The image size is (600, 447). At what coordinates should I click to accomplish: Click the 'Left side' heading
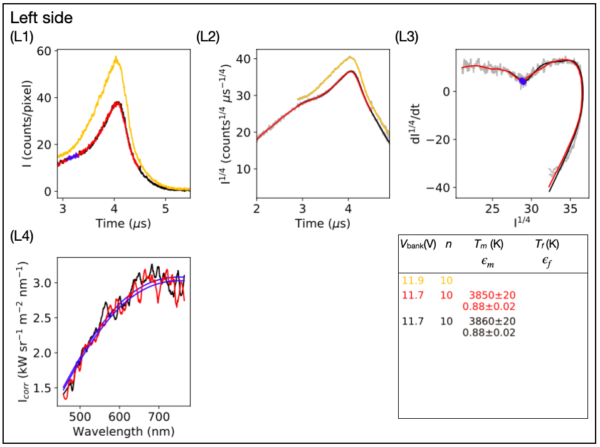(x=41, y=18)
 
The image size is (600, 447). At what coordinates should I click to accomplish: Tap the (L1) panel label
(x=23, y=38)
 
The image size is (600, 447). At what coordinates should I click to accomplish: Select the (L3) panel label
(x=407, y=38)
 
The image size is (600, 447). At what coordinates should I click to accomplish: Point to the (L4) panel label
(x=23, y=237)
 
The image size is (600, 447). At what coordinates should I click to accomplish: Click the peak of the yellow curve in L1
(x=116, y=57)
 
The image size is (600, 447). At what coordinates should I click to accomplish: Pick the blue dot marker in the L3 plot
(x=523, y=82)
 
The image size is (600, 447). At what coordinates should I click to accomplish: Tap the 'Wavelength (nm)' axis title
(x=124, y=431)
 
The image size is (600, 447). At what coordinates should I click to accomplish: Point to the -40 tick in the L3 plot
(x=439, y=188)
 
